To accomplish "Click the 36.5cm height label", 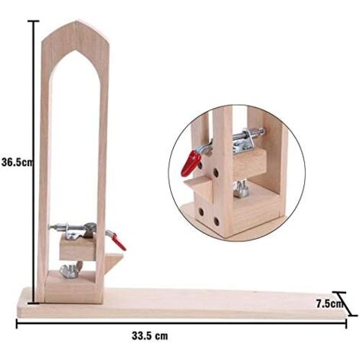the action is (18, 162).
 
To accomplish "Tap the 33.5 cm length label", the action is (150, 335).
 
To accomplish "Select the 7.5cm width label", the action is (329, 304).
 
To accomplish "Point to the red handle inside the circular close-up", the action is (191, 163).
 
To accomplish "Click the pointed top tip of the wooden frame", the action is (77, 21).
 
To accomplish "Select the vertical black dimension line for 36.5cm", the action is (34, 162).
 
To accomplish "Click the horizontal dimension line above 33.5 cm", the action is (182, 323).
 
